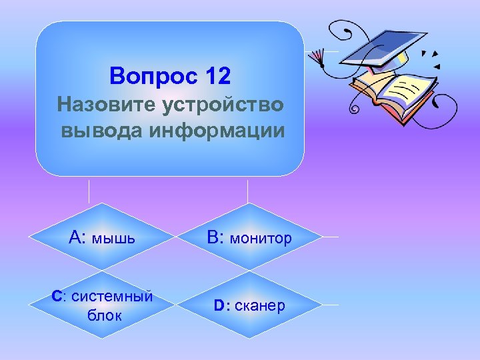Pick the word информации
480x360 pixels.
click(221, 129)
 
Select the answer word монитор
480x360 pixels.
click(261, 238)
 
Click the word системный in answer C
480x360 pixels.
click(112, 296)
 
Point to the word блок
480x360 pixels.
click(105, 315)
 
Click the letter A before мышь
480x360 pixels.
click(75, 237)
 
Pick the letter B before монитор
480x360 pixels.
click(213, 237)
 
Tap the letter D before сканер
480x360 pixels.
click(221, 306)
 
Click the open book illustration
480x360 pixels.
click(393, 93)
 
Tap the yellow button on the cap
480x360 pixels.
click(401, 58)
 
